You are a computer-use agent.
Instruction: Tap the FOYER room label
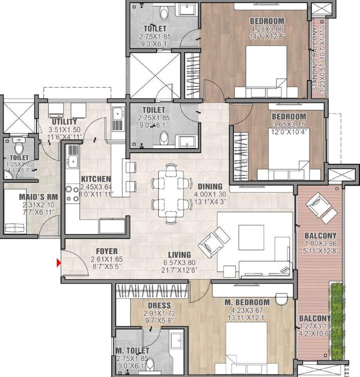(x=104, y=251)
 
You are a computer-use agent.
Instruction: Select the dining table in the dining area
(x=170, y=193)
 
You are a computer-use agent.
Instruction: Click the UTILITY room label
(x=64, y=122)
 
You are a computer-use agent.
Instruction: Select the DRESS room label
(x=159, y=305)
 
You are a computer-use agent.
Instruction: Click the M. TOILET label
(x=132, y=351)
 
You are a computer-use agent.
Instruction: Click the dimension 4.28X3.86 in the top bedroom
(x=267, y=29)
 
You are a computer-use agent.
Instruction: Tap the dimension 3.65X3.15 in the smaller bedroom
(x=288, y=124)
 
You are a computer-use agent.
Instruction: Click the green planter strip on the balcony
(x=337, y=321)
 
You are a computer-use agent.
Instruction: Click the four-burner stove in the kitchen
(x=71, y=194)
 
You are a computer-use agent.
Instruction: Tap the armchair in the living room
(x=216, y=241)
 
